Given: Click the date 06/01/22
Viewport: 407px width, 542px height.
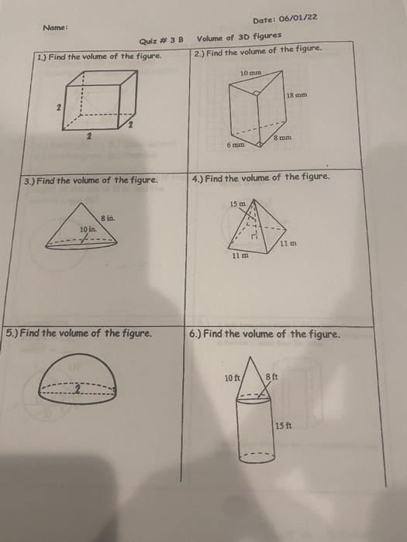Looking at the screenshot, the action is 298,18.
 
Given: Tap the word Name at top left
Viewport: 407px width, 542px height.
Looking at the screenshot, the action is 55,27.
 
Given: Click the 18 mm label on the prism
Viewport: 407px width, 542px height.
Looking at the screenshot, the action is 297,94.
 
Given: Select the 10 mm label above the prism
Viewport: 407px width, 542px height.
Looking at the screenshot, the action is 250,73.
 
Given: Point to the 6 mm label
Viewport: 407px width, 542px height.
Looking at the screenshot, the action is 236,145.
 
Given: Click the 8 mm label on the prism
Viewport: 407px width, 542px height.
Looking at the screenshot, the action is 282,138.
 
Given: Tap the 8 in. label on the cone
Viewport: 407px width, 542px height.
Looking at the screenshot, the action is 108,218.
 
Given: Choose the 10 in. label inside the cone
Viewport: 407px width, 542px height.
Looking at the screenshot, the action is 88,229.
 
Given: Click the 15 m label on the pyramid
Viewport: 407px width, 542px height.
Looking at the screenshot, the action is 238,204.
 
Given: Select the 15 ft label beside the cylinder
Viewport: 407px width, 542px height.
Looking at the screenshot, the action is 284,426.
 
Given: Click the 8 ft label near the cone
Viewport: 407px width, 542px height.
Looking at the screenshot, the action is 272,376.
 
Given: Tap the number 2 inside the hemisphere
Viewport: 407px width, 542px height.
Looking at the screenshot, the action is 78,390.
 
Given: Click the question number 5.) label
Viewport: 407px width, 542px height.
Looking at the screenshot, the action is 12,332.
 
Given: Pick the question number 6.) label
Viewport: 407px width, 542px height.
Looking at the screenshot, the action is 195,334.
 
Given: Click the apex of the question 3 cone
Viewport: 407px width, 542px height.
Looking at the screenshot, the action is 81,203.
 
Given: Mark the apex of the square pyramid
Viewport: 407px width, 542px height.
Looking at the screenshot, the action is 254,200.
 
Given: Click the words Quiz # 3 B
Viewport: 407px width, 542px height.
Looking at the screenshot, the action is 161,41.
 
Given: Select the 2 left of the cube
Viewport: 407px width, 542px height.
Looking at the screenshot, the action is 59,108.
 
